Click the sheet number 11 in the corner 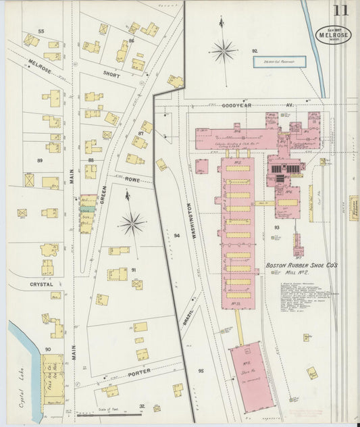[x=340, y=11]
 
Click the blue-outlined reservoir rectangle [x=279, y=61]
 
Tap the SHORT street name [x=111, y=75]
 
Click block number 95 [x=201, y=371]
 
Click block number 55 [x=41, y=32]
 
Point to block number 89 [x=40, y=160]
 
